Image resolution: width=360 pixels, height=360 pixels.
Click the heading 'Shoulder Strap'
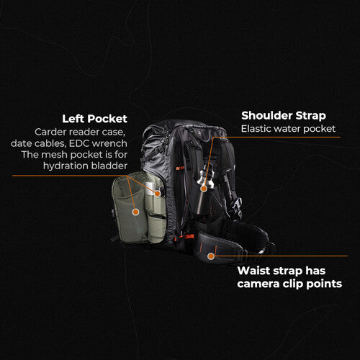pyautogui.click(x=283, y=115)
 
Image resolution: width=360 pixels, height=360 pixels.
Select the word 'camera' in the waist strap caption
pyautogui.click(x=259, y=284)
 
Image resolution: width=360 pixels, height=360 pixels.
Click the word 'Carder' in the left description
pyautogui.click(x=51, y=132)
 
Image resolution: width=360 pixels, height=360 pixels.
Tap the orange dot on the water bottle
pyautogui.click(x=204, y=189)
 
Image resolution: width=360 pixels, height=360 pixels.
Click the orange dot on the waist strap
pyautogui.click(x=211, y=256)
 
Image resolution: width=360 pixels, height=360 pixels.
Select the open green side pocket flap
pyautogui.click(x=131, y=209)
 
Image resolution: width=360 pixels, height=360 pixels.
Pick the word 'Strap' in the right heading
pyautogui.click(x=309, y=115)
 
